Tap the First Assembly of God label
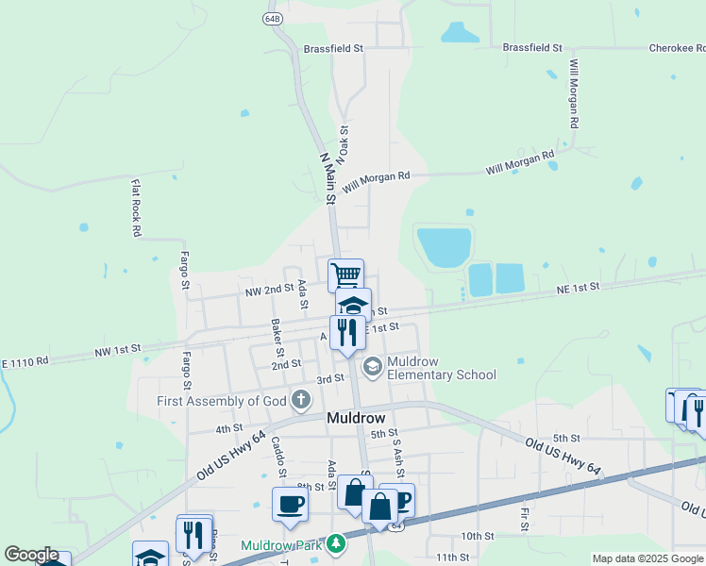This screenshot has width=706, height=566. pos(222,401)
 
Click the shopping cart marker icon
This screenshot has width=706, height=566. pos(346,275)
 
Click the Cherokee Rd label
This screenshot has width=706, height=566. pos(677,47)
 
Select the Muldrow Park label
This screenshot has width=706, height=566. pos(280,545)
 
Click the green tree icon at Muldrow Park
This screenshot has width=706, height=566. pos(334,544)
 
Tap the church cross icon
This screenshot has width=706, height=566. pos(300,400)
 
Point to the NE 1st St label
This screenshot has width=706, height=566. pos(578,288)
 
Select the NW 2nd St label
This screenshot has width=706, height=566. pos(265,290)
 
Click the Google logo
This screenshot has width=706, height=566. pos(31,555)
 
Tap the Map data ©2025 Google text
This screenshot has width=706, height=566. pos(647,558)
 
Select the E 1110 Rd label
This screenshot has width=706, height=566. pos(25,361)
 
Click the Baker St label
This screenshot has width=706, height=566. pos(277,331)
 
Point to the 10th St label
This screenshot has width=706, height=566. pos(479,535)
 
